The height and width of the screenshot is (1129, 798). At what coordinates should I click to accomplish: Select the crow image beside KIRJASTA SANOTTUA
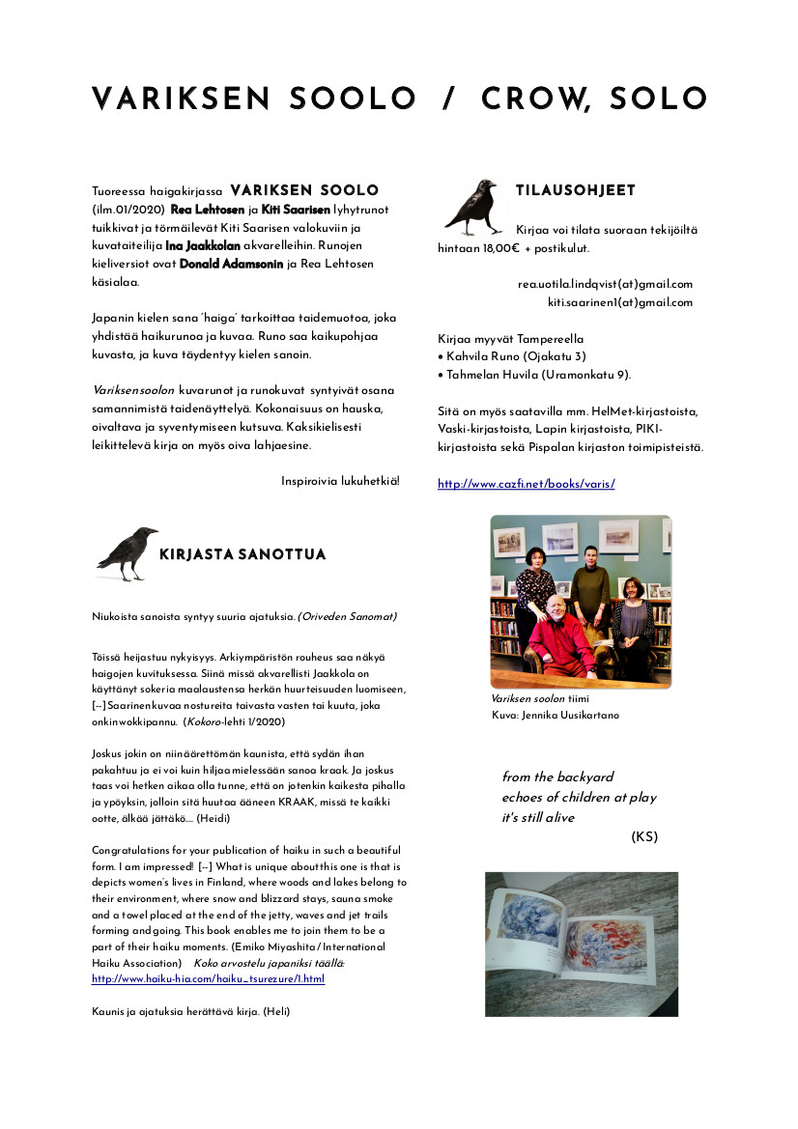[128, 553]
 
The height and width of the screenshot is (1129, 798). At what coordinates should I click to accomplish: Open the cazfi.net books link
[526, 484]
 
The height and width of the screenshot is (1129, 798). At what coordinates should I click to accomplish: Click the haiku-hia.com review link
[208, 978]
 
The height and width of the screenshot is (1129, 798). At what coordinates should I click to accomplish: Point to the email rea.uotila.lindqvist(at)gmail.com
[605, 284]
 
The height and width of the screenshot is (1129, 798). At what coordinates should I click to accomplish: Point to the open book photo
[581, 944]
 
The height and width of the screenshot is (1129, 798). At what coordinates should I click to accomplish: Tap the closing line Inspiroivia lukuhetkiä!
[339, 481]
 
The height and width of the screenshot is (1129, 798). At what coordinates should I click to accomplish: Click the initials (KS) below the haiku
[643, 836]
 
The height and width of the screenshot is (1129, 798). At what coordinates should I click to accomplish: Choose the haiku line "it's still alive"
[538, 817]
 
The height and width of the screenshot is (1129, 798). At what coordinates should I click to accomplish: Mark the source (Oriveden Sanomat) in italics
[347, 616]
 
